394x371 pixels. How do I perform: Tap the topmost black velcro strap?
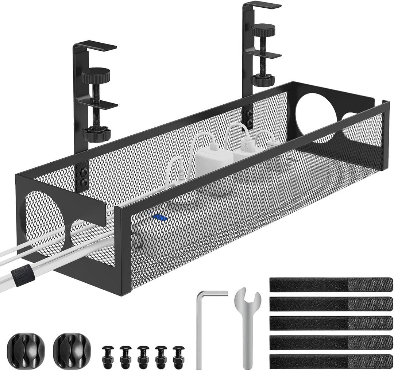pos(331,284)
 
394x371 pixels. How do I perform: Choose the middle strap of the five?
pos(331,322)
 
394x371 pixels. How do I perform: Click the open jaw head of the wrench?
pos(248,297)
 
